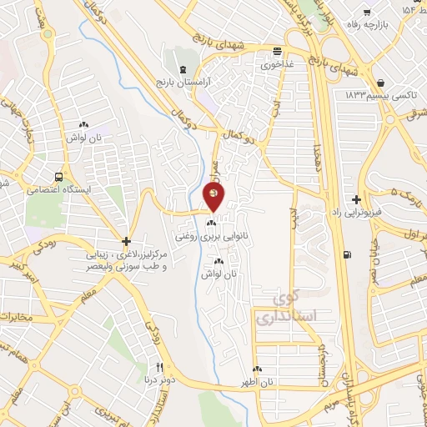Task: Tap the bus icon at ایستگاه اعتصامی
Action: coord(58,177)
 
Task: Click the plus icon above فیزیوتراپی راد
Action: coord(357,200)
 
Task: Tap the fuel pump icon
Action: coord(347,256)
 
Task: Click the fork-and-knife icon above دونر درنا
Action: coord(160,367)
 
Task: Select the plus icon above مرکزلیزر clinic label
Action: coord(125,239)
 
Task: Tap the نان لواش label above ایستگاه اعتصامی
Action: coord(84,136)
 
